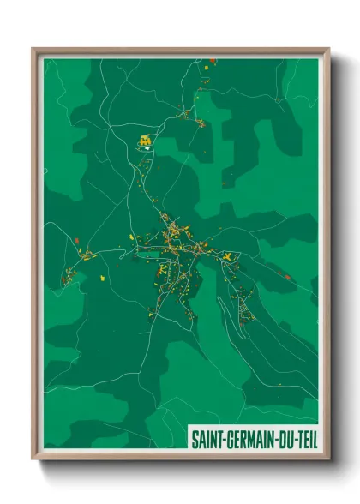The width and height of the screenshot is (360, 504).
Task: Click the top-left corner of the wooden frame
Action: [x=33, y=50]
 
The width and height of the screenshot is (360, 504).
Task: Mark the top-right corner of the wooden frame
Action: [x=328, y=50]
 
